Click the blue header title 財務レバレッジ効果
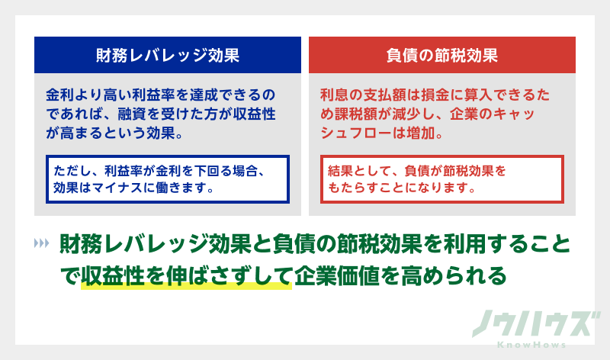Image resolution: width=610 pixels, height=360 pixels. tap(168, 55)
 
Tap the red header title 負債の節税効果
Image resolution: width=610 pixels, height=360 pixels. tap(442, 55)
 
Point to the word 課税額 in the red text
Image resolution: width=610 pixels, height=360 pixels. tap(364, 114)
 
